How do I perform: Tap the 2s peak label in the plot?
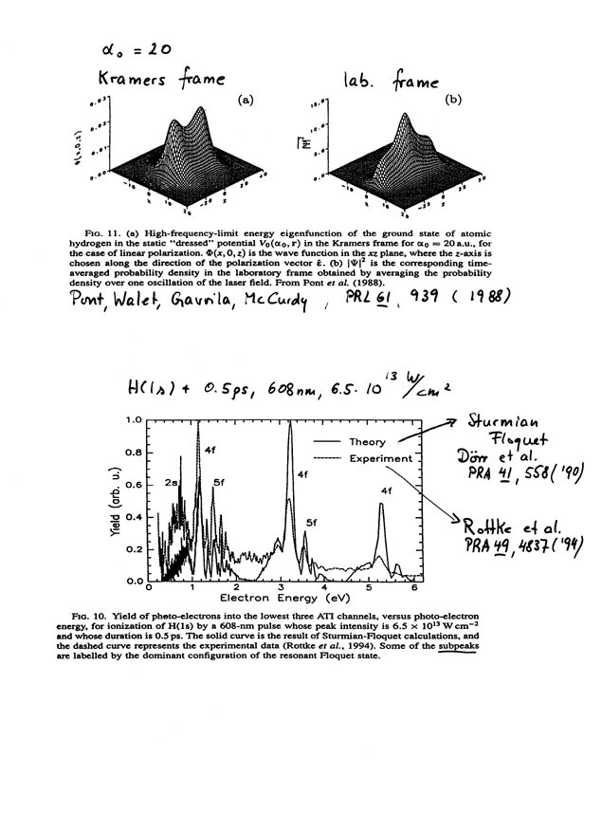tap(173, 483)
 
